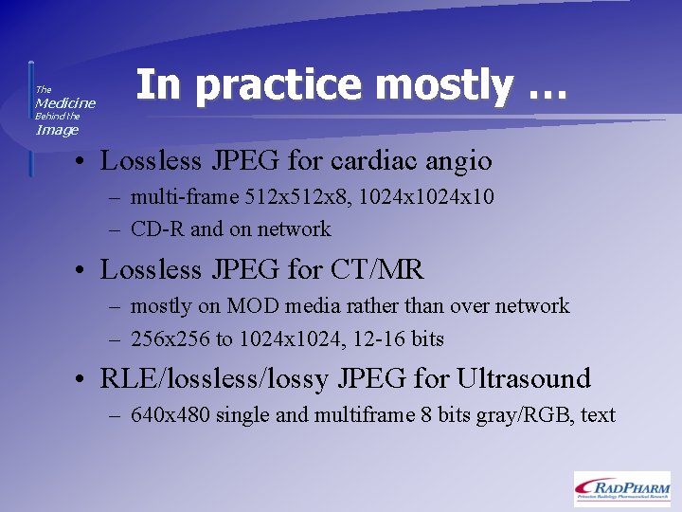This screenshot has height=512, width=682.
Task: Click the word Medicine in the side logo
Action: click(65, 102)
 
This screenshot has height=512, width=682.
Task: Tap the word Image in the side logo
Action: click(57, 130)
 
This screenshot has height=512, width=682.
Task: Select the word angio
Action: click(459, 162)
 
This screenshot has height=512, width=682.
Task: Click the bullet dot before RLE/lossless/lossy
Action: click(84, 380)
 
